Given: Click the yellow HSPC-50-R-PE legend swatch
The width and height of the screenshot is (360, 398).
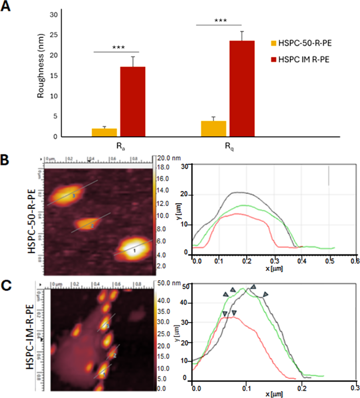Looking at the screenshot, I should coord(274,43).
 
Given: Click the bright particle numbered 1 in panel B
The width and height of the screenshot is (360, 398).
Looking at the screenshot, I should coord(135,250).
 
